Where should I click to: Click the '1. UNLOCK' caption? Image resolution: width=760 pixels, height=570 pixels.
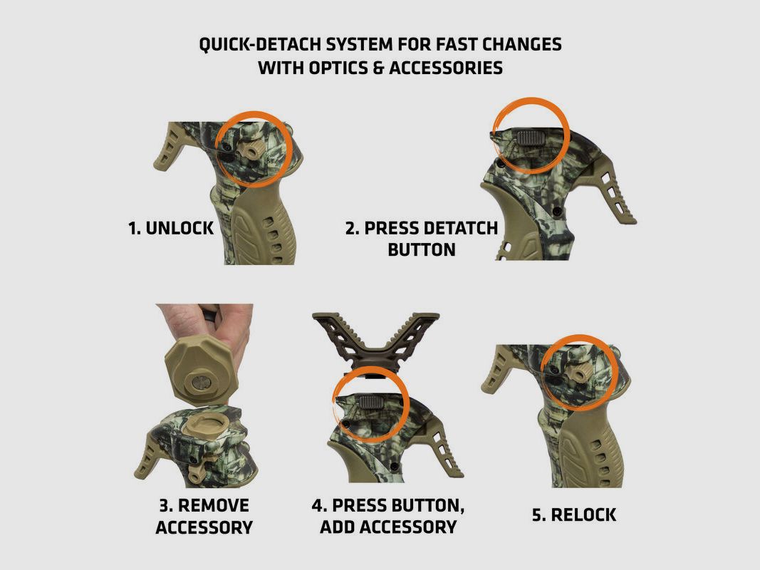(171, 229)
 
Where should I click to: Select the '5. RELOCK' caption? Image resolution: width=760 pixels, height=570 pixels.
(574, 514)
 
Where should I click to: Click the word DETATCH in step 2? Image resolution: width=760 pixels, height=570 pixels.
(459, 229)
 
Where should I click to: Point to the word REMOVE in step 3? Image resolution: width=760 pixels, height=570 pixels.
(214, 505)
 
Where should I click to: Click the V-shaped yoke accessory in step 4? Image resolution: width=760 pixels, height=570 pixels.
(375, 342)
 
